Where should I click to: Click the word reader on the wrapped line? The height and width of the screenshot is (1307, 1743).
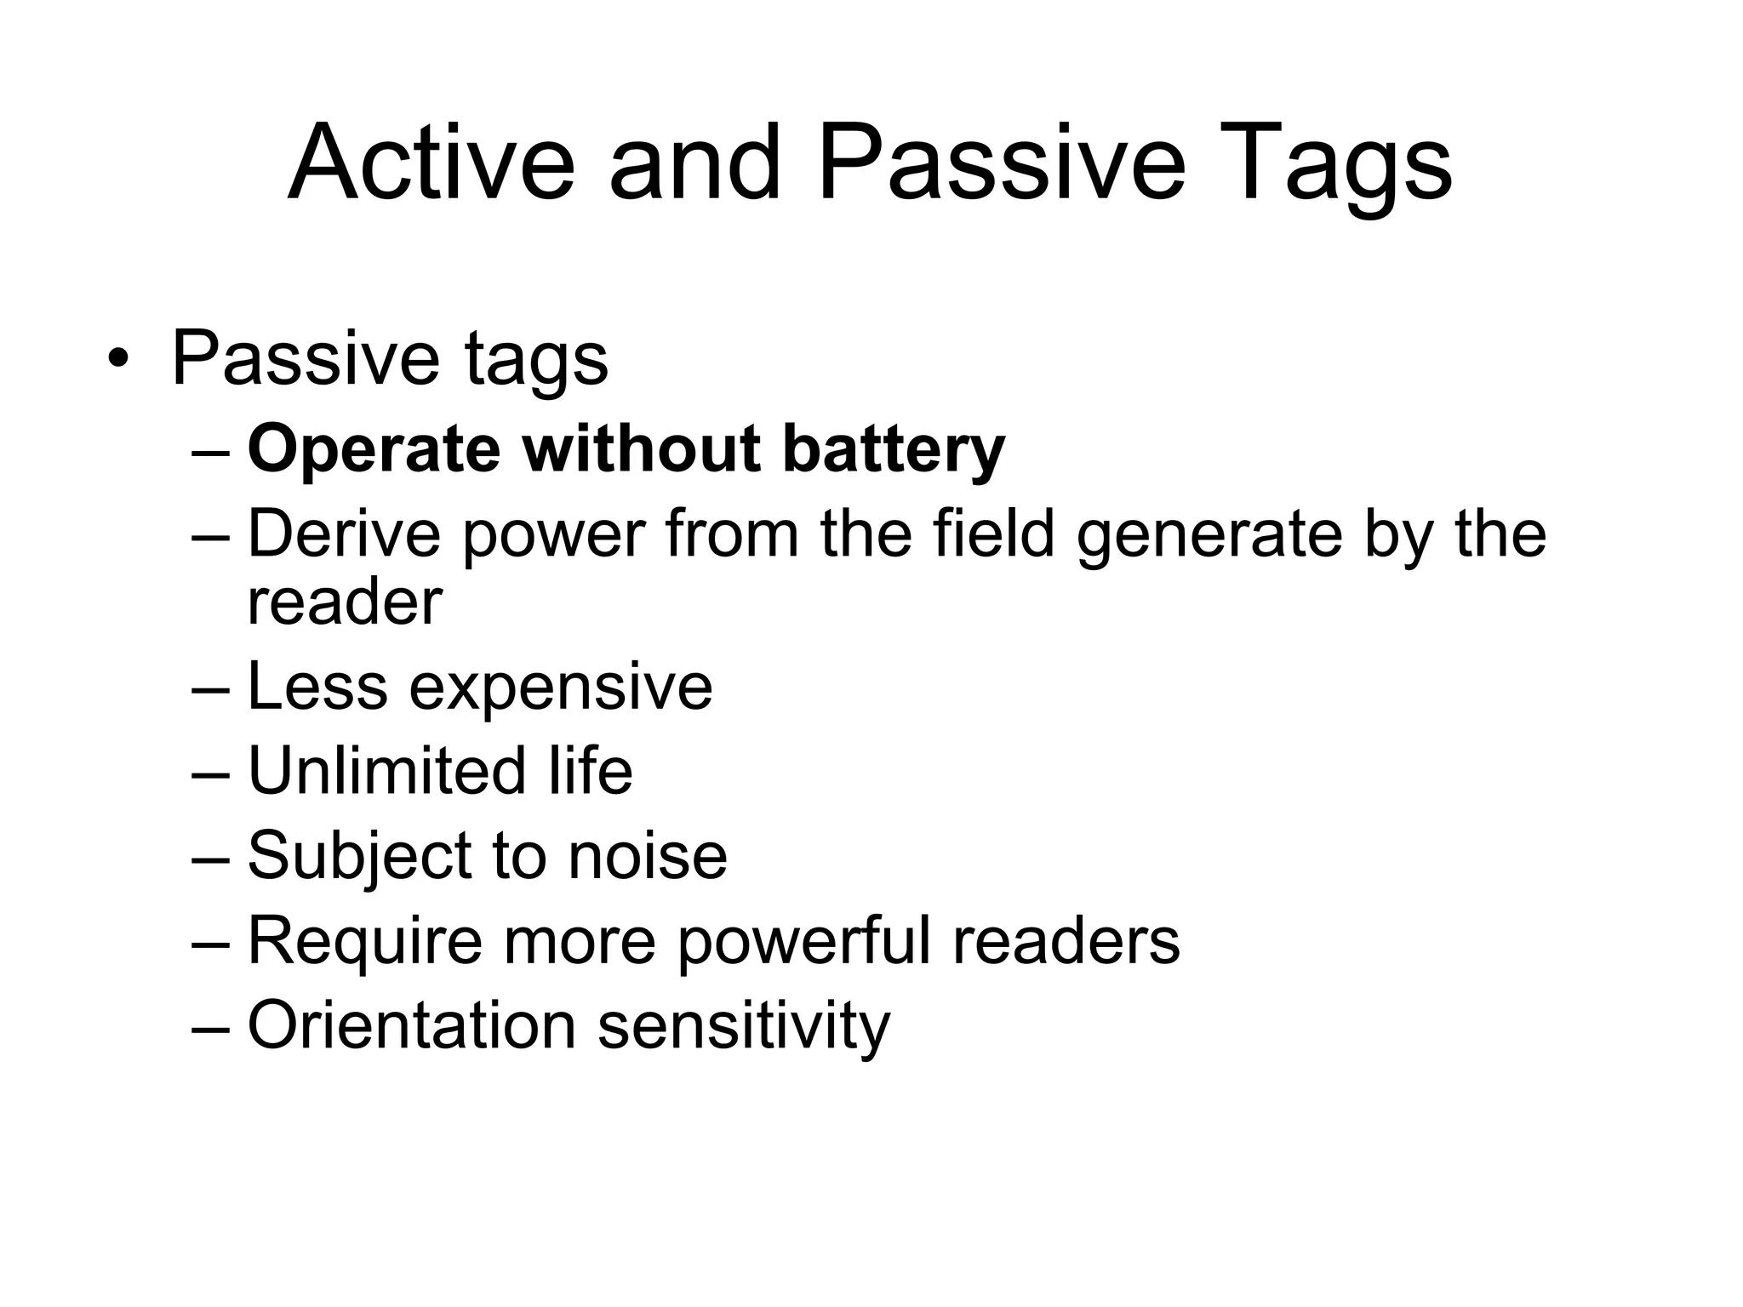(345, 602)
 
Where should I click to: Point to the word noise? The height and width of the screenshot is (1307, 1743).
(648, 856)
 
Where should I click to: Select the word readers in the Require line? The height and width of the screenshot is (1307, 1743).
(1066, 941)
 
